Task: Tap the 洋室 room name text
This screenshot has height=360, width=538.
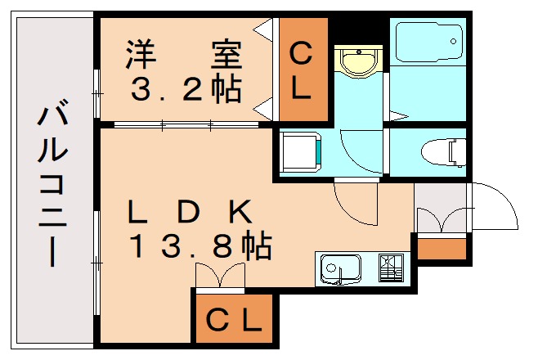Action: tap(183, 56)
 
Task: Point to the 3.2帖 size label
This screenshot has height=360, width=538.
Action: tap(186, 88)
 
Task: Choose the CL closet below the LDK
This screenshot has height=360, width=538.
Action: tap(233, 319)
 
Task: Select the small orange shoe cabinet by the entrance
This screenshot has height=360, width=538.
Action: tap(442, 248)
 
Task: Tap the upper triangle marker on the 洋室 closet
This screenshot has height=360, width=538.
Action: tap(264, 31)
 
